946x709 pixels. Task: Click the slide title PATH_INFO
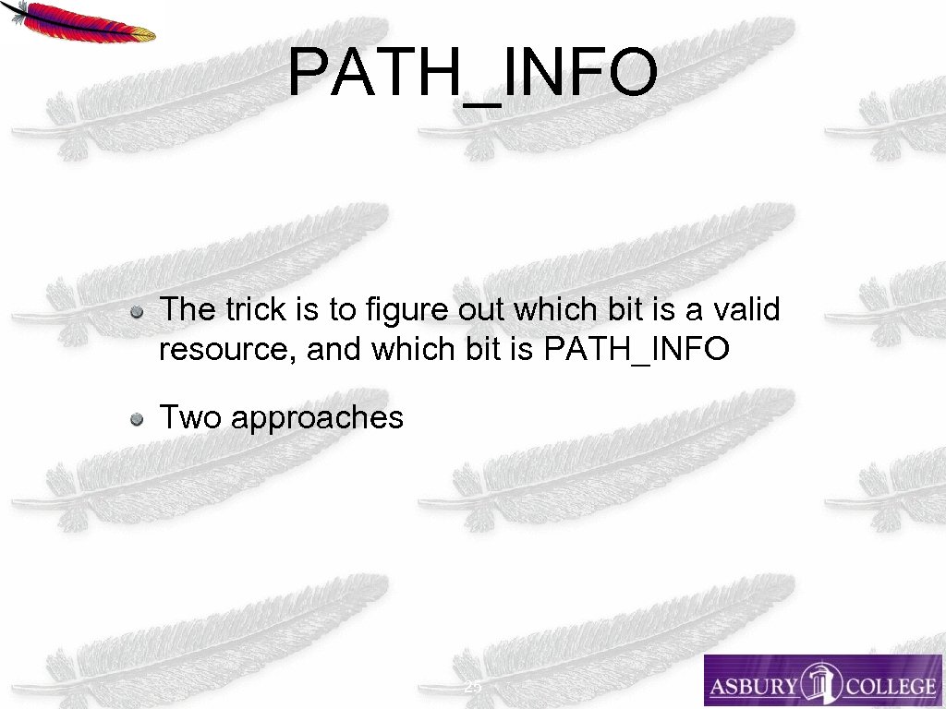pos(472,74)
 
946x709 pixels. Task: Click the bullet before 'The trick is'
pos(137,311)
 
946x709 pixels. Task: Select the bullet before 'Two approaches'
pos(137,420)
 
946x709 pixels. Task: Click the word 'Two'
pos(191,417)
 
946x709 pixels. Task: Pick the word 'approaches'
pos(317,419)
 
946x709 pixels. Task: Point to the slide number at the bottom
pos(472,689)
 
